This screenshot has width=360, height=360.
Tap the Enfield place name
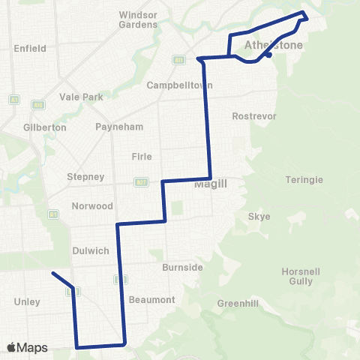coord(30,49)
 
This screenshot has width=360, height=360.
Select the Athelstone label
coord(274,46)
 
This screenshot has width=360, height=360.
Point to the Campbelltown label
coord(175,85)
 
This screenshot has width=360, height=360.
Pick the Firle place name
coord(142,157)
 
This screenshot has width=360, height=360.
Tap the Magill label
coord(211,184)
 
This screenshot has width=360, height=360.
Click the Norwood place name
coord(92,206)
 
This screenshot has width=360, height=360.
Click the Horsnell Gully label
coord(306,276)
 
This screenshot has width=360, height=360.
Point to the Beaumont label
coord(152,300)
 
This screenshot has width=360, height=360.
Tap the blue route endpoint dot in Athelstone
coord(268,55)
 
